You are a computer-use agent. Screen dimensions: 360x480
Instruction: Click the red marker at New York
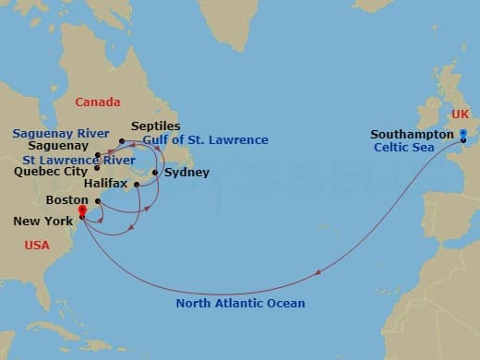(82, 211)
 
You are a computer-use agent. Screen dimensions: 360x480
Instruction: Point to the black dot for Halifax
(137, 185)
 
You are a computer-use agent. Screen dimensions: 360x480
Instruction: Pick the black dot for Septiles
(122, 140)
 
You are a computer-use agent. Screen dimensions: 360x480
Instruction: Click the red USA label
(36, 246)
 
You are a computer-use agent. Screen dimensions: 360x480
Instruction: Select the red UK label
(461, 114)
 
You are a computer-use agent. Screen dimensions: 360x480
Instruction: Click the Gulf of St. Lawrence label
(206, 140)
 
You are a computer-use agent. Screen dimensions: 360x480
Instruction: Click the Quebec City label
(51, 171)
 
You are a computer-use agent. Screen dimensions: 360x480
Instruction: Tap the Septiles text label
(156, 126)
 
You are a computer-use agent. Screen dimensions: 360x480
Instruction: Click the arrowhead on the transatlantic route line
(318, 272)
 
